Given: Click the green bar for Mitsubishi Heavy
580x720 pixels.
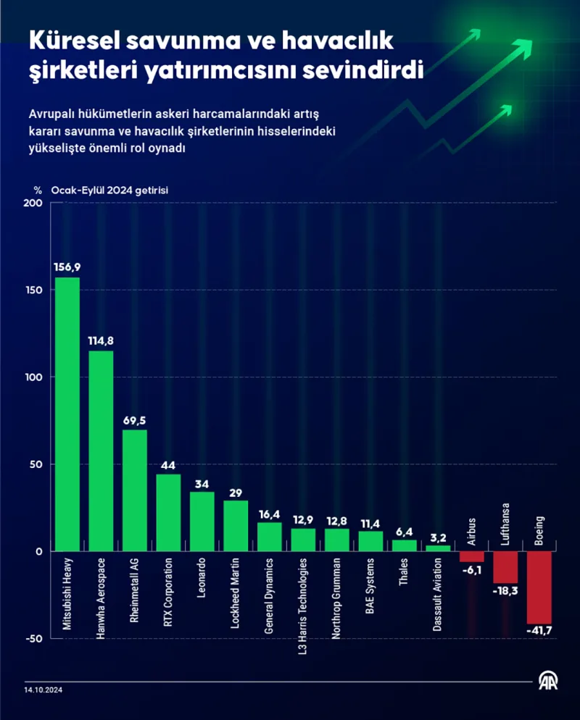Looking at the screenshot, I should (67, 414).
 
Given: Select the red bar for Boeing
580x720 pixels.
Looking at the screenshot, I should (539, 587).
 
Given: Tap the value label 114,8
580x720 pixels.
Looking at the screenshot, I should (101, 341).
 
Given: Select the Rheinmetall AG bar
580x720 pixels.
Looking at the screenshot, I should (135, 490).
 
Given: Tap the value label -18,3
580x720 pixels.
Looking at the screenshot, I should (505, 592).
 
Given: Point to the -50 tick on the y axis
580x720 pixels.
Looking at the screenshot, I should (33, 638).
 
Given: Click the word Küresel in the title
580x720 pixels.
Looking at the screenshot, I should (72, 42).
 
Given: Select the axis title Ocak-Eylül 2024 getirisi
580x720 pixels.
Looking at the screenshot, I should (109, 190).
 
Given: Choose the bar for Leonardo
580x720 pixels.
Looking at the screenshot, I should (202, 521).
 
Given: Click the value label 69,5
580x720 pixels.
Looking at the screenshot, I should (135, 420).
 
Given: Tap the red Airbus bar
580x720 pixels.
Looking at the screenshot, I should (472, 556).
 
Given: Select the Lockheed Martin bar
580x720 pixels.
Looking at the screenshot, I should (236, 525).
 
